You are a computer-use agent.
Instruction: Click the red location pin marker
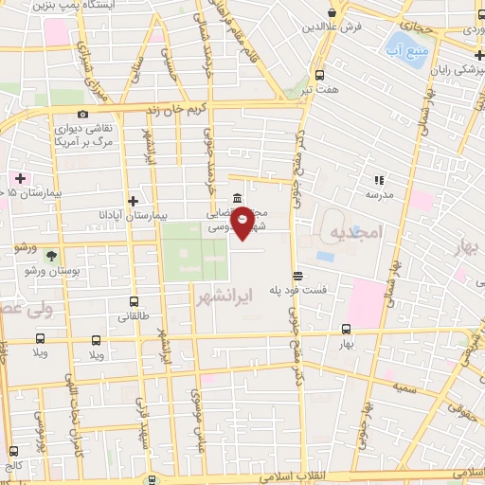tap(243, 222)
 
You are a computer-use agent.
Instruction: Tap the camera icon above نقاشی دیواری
tap(83, 114)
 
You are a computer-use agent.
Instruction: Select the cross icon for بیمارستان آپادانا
tap(134, 201)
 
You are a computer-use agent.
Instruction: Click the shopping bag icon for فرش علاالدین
tap(331, 12)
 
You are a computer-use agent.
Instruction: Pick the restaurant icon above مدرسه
tap(378, 179)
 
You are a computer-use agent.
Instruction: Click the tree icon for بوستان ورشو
tap(50, 255)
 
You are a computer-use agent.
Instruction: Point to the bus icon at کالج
tap(12, 452)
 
